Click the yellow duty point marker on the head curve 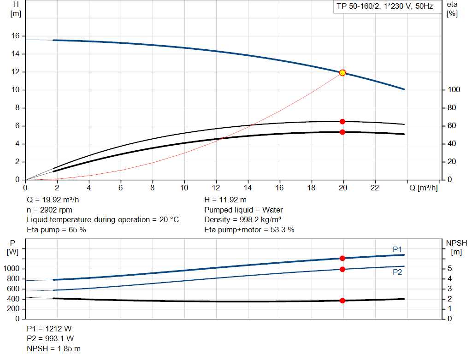point(342,73)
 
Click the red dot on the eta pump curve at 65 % point(342,122)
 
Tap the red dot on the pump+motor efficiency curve point(342,132)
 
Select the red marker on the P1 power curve point(342,259)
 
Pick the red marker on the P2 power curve point(342,269)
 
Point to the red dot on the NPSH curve point(342,301)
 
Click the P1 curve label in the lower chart point(397,249)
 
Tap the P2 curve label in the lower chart point(397,272)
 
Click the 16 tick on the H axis point(15,36)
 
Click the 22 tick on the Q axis point(375,188)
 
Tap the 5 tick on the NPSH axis point(450,269)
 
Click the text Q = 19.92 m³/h point(56,200)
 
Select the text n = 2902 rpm point(50,210)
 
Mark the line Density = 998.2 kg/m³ point(243,220)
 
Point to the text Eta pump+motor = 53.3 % point(249,230)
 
